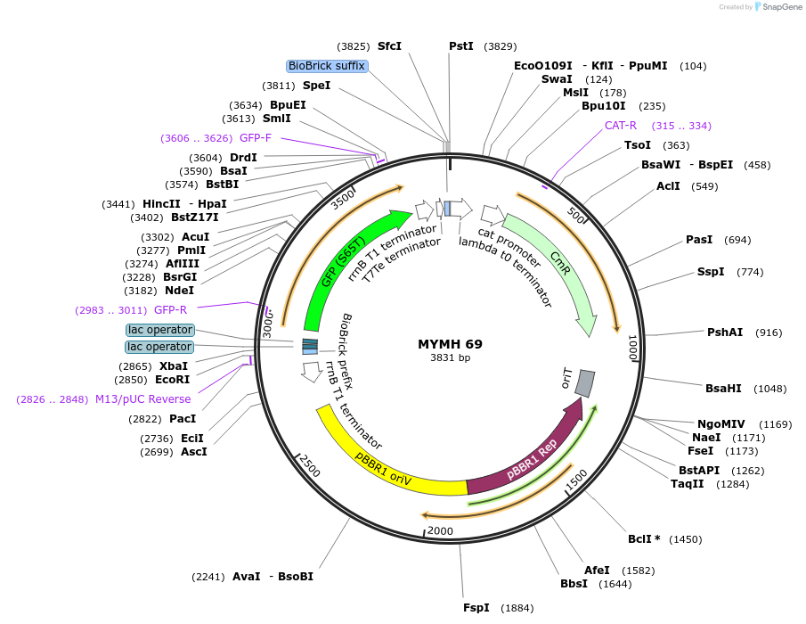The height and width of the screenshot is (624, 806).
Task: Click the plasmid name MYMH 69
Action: coord(450,344)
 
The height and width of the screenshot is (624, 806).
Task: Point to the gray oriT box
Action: coord(584,382)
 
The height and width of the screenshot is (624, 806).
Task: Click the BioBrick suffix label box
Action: coord(326,66)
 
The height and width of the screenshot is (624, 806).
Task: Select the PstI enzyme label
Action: coord(461,46)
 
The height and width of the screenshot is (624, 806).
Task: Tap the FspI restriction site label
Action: coord(476,608)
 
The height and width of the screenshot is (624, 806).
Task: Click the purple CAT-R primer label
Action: coord(621,126)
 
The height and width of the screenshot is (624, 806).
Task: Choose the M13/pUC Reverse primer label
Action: coord(142,399)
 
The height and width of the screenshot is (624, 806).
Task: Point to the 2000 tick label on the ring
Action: coord(440,531)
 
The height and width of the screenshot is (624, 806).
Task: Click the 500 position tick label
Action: coord(576,217)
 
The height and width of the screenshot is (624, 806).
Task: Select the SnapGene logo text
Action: coord(780,7)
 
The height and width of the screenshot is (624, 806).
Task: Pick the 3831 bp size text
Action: coord(450,358)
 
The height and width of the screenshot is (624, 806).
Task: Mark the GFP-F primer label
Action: coord(256,138)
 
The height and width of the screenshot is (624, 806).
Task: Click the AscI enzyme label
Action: coord(193,452)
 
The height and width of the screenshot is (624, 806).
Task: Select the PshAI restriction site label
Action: coord(725,333)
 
